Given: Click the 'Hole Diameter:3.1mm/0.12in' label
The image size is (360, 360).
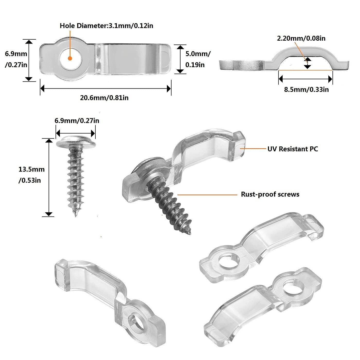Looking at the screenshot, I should pos(106,26).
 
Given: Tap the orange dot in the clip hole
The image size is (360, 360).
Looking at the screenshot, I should pos(70,58).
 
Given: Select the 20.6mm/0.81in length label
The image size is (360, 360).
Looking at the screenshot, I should pos(104,98).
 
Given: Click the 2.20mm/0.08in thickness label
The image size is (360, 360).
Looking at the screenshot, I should pos(301,38).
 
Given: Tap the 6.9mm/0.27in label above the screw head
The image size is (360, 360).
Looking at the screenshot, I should pos(77,120).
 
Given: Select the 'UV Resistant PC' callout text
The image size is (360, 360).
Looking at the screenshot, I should pos(293,149).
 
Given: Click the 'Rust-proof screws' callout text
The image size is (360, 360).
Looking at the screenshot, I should pos(270,194).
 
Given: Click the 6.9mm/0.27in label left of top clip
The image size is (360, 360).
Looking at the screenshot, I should pos(16,59).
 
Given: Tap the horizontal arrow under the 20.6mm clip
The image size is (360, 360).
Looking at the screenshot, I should pos(105,89).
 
